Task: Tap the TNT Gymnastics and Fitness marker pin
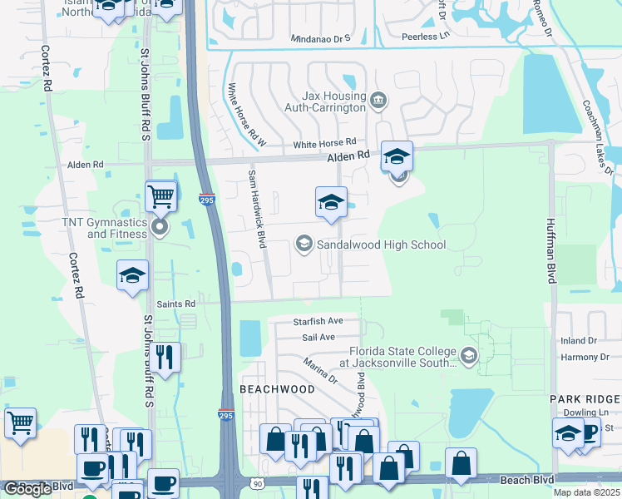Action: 160,227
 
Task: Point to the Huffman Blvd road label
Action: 550,250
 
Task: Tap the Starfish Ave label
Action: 318,321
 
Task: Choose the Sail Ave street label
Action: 318,337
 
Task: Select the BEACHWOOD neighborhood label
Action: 277,389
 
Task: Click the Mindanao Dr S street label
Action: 321,38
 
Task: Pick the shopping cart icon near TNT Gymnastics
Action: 160,197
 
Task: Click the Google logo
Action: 27,489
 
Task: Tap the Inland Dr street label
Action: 579,341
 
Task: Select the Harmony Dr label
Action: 579,357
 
